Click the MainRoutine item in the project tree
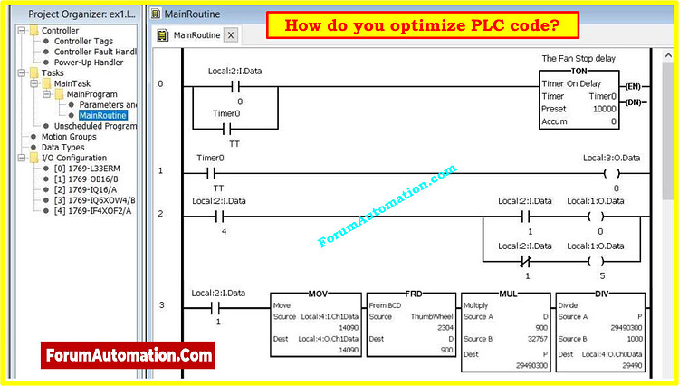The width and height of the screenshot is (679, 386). [102, 115]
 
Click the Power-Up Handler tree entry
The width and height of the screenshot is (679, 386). [89, 63]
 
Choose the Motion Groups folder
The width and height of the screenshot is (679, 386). [70, 137]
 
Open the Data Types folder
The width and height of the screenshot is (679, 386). [62, 147]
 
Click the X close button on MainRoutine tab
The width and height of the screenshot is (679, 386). [230, 35]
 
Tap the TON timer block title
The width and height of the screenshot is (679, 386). [579, 70]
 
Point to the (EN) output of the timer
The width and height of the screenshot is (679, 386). [633, 85]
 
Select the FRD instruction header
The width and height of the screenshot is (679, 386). [413, 294]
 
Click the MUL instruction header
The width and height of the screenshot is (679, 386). [507, 294]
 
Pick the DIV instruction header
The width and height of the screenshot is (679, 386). [601, 294]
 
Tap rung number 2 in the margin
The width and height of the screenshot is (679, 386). [160, 213]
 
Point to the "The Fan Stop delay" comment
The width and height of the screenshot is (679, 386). [580, 58]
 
